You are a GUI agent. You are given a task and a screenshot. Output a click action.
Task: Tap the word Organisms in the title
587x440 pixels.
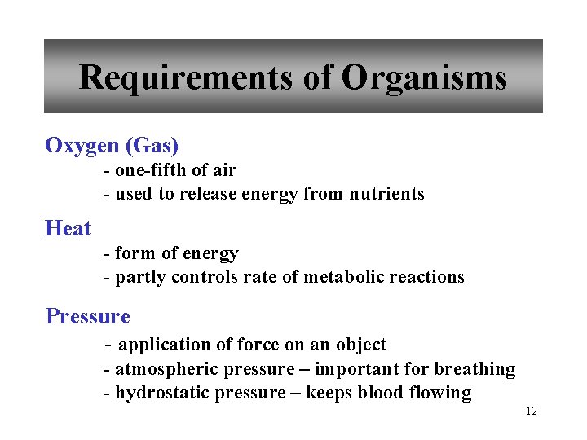[424, 78]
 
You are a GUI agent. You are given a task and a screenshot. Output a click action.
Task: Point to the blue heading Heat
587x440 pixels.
[68, 229]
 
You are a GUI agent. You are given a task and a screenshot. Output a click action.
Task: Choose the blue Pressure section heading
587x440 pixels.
[88, 316]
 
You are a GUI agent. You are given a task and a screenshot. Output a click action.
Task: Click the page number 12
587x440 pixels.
[532, 411]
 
